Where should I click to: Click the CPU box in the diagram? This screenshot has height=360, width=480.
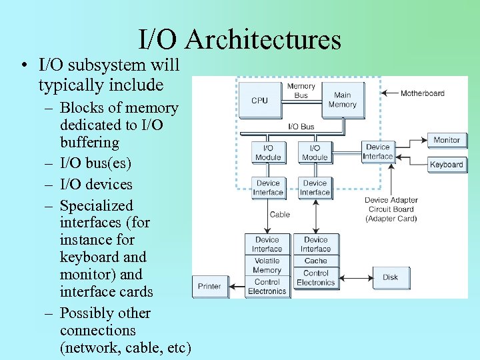tap(259, 100)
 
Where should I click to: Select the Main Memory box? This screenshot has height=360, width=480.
tap(343, 100)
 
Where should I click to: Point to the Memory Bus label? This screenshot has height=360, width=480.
tap(301, 91)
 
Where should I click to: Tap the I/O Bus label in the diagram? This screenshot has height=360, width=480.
tap(301, 126)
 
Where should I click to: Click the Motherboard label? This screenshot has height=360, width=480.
tap(422, 93)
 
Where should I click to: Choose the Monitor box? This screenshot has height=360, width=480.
tap(447, 140)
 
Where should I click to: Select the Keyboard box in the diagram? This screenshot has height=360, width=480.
tap(447, 165)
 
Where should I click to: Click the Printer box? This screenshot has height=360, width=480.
tap(209, 286)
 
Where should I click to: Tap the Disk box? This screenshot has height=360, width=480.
tap(390, 277)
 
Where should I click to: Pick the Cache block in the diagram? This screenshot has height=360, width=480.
tap(315, 261)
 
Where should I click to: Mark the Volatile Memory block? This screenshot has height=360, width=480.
tap(267, 265)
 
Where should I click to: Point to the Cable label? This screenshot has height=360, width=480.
tap(279, 215)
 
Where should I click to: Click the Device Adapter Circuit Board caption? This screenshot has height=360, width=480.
tap(391, 209)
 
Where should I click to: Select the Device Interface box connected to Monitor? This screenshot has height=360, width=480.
tap(377, 152)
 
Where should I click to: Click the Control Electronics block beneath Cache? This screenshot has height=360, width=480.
tap(315, 277)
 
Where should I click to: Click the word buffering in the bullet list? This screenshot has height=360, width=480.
tap(89, 142)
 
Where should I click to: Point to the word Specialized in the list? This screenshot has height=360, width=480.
tap(96, 205)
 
